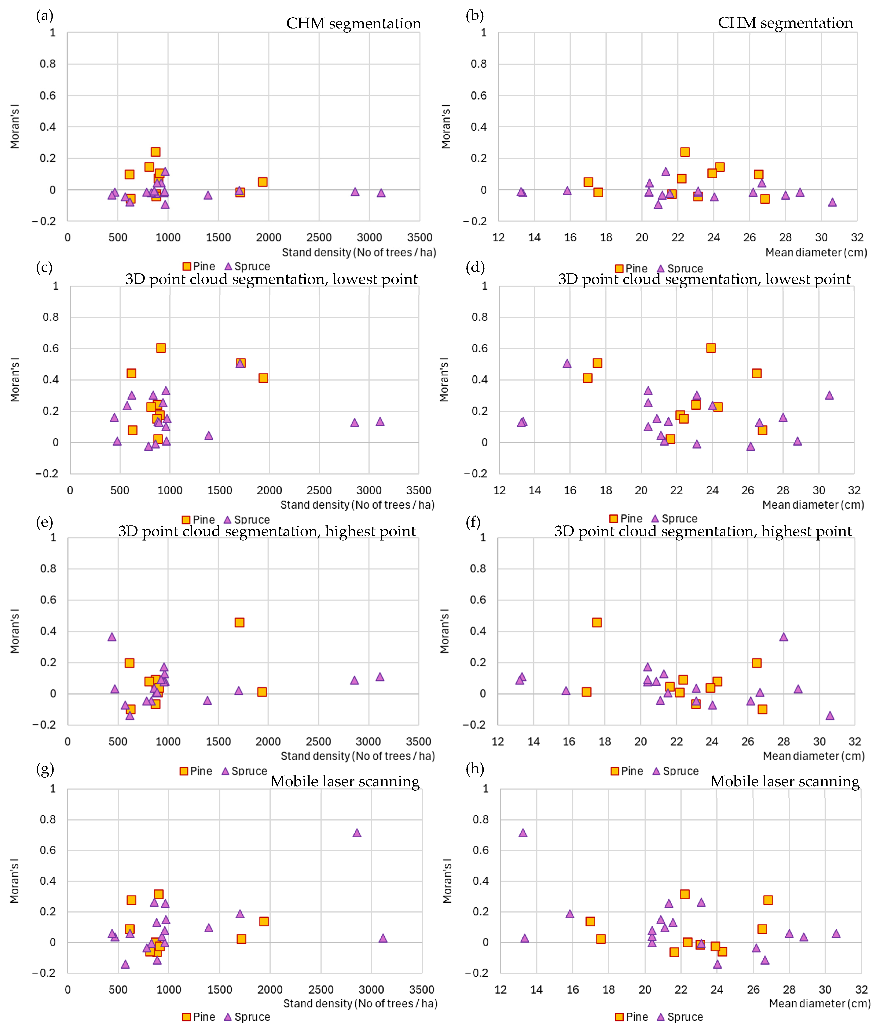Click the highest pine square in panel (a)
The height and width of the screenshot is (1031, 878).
click(155, 152)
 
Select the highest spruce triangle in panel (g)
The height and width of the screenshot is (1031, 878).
click(357, 832)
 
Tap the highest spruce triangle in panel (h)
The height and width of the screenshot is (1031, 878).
click(523, 832)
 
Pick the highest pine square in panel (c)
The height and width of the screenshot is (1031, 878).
click(161, 348)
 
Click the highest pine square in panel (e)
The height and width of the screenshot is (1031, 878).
click(239, 623)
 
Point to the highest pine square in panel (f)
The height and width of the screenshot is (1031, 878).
click(597, 623)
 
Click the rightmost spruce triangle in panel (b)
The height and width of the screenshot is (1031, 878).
click(832, 202)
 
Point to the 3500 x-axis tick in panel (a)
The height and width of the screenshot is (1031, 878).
click(420, 237)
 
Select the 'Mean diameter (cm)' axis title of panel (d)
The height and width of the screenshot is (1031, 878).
click(813, 505)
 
